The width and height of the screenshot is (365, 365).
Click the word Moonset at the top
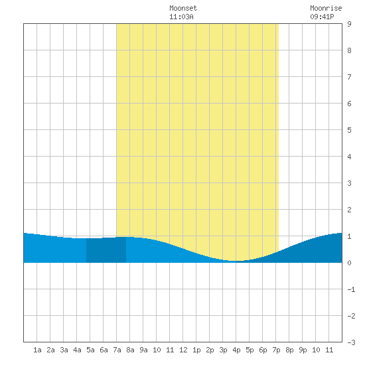click(x=183, y=8)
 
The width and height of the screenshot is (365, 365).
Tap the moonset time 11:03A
click(x=181, y=17)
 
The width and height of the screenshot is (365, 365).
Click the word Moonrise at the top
click(x=326, y=8)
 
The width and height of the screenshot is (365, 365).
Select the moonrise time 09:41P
click(x=322, y=17)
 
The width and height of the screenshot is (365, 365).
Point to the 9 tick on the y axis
click(x=349, y=24)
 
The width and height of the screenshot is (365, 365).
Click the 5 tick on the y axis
click(x=349, y=130)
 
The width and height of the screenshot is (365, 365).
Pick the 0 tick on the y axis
click(x=349, y=263)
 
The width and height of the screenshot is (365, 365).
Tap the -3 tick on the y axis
click(x=351, y=342)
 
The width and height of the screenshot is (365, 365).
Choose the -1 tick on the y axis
click(x=351, y=289)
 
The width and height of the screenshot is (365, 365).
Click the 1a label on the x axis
click(x=37, y=350)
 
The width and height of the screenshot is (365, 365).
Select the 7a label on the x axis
click(x=117, y=350)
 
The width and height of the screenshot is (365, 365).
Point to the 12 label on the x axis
click(x=183, y=350)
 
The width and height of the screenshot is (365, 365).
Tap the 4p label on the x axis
click(x=236, y=350)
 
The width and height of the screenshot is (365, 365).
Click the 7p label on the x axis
click(x=276, y=350)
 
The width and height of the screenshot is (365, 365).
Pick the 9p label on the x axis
click(x=303, y=350)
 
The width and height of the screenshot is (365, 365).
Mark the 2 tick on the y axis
click(x=349, y=210)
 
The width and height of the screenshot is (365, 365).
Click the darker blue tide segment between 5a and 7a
click(x=106, y=250)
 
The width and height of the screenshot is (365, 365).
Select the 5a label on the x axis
click(x=90, y=350)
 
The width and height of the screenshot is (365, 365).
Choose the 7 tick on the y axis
click(x=349, y=77)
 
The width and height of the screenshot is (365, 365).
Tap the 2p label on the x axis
click(x=210, y=350)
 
